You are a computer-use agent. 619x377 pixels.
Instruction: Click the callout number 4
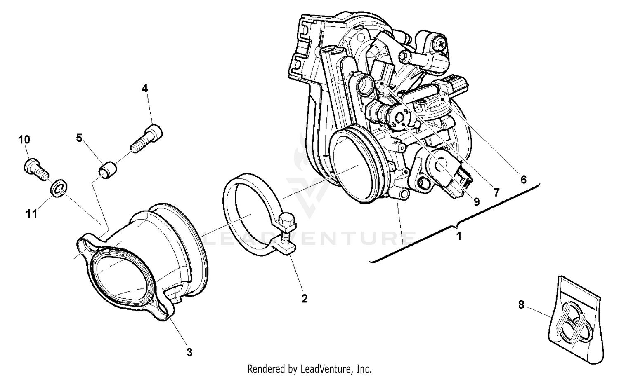[x=144, y=88]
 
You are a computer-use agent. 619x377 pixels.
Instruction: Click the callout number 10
[x=24, y=140]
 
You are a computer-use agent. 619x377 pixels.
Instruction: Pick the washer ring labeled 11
[x=58, y=188]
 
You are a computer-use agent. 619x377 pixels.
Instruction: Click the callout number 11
[x=32, y=214]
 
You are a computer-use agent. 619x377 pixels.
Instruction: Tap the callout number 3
[x=189, y=352]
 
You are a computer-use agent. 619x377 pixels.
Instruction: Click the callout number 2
[x=304, y=299]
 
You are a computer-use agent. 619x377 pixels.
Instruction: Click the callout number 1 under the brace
[x=458, y=237]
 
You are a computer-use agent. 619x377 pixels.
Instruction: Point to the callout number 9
[x=477, y=202]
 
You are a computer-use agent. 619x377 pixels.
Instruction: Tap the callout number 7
[x=496, y=192]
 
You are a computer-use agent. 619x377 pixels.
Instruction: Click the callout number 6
[x=523, y=179]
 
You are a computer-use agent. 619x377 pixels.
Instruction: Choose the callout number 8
[x=521, y=305]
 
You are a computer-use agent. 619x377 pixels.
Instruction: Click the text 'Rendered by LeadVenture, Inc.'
[x=309, y=368]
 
